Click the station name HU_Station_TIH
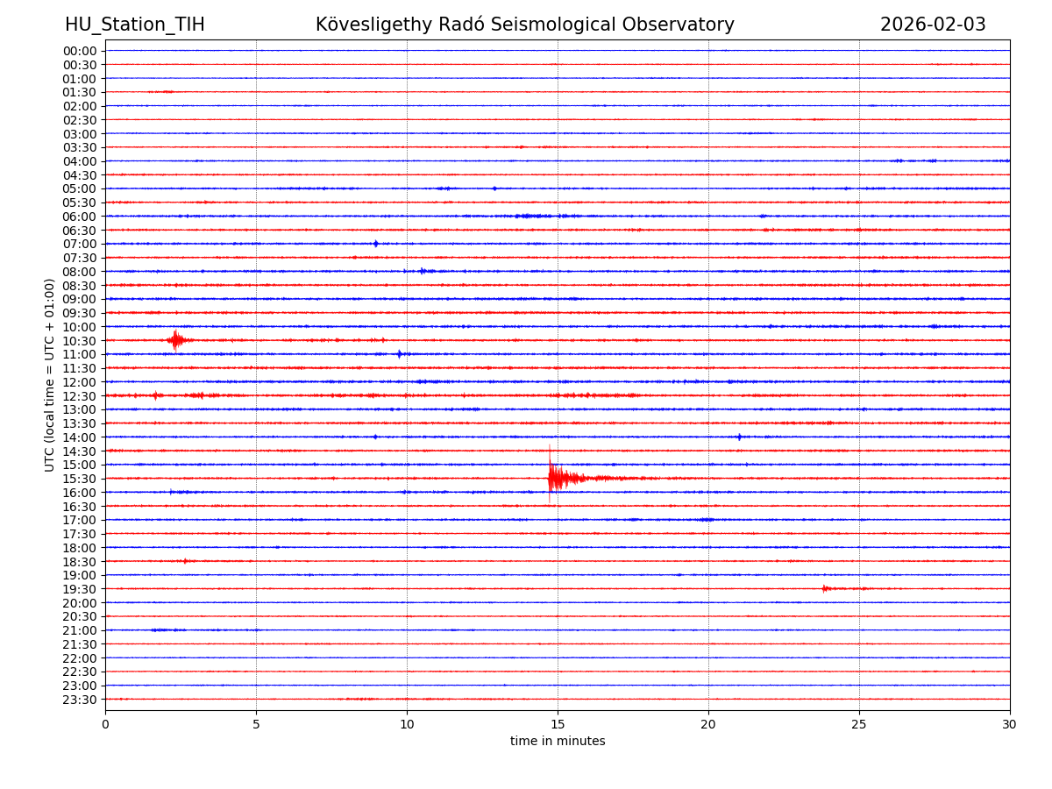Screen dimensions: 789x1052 pyautogui.click(x=135, y=25)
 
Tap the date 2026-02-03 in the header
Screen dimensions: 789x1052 pyautogui.click(x=933, y=25)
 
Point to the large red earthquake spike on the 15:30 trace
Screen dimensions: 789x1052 pyautogui.click(x=551, y=478)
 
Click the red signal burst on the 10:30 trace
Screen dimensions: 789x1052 pyautogui.click(x=176, y=339)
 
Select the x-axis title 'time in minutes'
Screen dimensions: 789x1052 pyautogui.click(x=558, y=742)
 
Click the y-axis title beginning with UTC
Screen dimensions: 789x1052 pyautogui.click(x=50, y=374)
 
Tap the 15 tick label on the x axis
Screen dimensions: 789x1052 pyautogui.click(x=558, y=724)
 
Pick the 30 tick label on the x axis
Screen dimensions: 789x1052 pyautogui.click(x=1010, y=724)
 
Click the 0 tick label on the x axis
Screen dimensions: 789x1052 pyautogui.click(x=105, y=724)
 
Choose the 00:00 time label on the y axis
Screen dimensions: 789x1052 pyautogui.click(x=79, y=51)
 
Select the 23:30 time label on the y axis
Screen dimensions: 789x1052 pyautogui.click(x=79, y=700)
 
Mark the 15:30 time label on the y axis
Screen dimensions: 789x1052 pyautogui.click(x=79, y=479)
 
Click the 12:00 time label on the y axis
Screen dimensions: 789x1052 pyautogui.click(x=79, y=382)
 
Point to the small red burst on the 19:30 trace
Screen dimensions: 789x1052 pyautogui.click(x=825, y=588)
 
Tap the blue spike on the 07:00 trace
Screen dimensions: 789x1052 pyautogui.click(x=375, y=244)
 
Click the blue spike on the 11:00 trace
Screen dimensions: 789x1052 pyautogui.click(x=399, y=354)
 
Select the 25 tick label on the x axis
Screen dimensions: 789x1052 pyautogui.click(x=859, y=724)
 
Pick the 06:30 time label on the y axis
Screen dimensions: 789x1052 pyautogui.click(x=79, y=231)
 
